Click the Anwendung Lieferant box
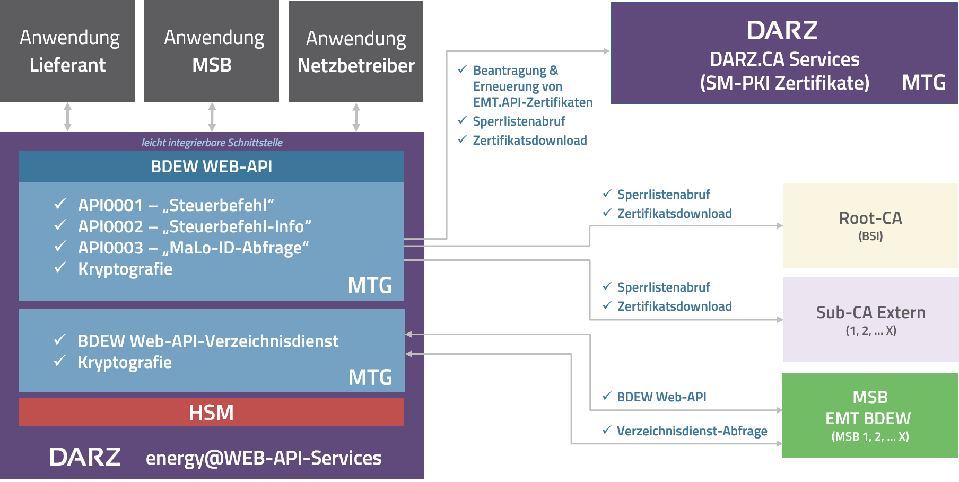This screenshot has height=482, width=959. [x=67, y=51]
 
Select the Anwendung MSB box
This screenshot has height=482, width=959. [x=212, y=51]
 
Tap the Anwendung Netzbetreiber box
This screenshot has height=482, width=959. [x=356, y=51]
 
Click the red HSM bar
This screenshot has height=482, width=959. [x=211, y=413]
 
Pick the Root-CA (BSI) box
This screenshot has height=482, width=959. [x=870, y=225]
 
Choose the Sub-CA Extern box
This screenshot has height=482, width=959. [x=870, y=320]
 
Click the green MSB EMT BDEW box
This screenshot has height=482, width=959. [x=870, y=415]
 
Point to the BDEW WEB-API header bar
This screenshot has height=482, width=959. [x=211, y=166]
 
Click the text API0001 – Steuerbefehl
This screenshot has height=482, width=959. [x=176, y=205]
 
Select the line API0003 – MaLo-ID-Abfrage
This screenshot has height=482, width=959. [x=193, y=248]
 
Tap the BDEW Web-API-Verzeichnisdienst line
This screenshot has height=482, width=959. [x=208, y=341]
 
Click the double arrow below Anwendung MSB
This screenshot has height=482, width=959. [x=212, y=117]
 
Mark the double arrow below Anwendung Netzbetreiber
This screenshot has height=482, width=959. [x=356, y=117]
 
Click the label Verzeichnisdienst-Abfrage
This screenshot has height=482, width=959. [x=692, y=431]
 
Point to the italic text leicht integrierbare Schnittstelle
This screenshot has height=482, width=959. [x=212, y=143]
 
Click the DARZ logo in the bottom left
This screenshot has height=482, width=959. [x=85, y=457]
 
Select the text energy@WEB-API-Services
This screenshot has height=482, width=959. [x=264, y=458]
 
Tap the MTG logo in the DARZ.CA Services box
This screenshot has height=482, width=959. [x=924, y=83]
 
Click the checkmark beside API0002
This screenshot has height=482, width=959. [x=60, y=225]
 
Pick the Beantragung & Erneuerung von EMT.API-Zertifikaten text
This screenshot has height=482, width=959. [x=532, y=86]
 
